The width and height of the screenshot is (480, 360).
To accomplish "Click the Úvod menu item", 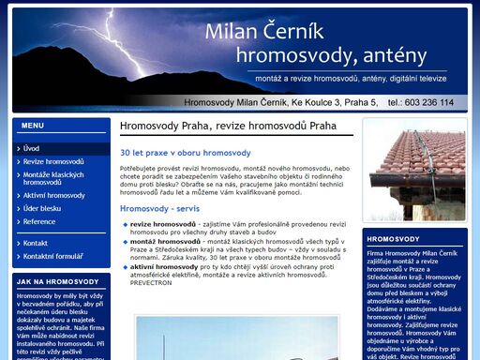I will click(32, 148).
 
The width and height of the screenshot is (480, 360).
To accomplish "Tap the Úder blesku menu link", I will click(42, 208).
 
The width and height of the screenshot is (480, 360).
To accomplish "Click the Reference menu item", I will click(39, 221).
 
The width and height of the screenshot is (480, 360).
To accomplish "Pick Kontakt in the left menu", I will click(36, 243).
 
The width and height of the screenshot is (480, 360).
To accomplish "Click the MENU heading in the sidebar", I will click(32, 125).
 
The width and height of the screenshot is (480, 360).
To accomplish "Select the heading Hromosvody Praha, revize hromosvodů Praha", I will click(228, 125).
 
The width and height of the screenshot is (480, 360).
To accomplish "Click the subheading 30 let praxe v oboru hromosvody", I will click(185, 152).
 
